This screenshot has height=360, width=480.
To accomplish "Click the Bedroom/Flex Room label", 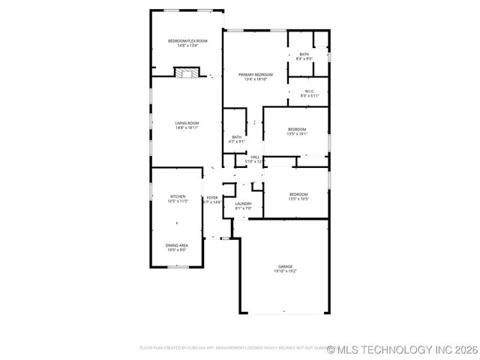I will (x=187, y=40).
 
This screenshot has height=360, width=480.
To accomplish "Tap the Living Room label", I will (x=187, y=123).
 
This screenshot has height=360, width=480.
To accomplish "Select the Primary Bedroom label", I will (x=255, y=74).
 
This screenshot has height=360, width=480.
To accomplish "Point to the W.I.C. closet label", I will (x=310, y=91).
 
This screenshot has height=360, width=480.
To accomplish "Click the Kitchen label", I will (x=177, y=196).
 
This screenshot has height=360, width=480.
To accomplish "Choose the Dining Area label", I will (x=177, y=245).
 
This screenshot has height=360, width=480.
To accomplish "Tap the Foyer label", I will (x=212, y=197).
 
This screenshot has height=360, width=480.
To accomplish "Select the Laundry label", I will (x=243, y=203).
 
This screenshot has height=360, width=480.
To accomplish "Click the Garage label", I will (x=286, y=266).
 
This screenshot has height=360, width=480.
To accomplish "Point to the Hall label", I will (x=255, y=157).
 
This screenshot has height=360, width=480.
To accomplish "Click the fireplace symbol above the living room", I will (x=187, y=73).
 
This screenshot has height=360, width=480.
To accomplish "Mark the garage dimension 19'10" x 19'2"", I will (x=286, y=271).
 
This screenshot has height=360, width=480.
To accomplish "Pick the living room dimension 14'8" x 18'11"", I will (x=187, y=127).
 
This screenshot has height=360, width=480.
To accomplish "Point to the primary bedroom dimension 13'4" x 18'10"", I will (x=255, y=79).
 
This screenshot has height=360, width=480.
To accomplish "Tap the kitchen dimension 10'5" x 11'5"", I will (x=177, y=201).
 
